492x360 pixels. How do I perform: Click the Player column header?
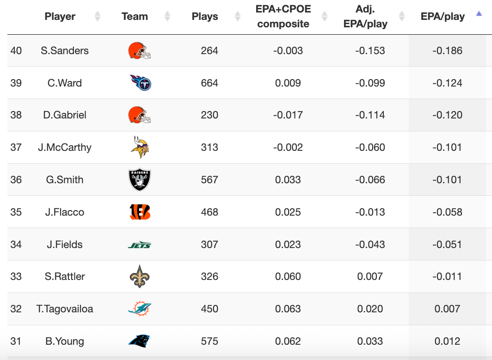click(60, 17)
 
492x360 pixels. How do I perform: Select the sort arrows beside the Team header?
click(167, 17)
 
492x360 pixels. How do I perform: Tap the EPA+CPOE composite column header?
click(283, 17)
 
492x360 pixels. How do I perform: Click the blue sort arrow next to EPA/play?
click(479, 14)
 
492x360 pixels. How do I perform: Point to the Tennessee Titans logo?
click(140, 83)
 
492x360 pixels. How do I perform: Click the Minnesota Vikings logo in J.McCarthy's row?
click(139, 147)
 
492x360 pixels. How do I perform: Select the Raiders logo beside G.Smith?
click(139, 180)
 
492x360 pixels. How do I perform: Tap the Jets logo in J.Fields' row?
click(139, 245)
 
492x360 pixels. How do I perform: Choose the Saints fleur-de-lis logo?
click(139, 277)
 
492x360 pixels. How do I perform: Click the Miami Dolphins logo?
click(139, 309)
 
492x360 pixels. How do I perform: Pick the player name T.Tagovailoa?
click(65, 309)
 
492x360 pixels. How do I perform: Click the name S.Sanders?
click(65, 51)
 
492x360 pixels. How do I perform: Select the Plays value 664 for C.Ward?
click(209, 83)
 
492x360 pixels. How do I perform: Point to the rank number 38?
click(16, 115)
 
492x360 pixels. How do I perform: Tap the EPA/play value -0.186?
click(447, 51)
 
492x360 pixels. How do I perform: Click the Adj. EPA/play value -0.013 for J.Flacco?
click(370, 212)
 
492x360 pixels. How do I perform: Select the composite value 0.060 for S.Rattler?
click(288, 277)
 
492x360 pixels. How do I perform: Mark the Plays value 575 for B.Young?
click(209, 341)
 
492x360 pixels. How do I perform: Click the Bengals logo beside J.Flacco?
click(139, 212)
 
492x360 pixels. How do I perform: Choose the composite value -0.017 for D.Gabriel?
click(288, 115)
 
